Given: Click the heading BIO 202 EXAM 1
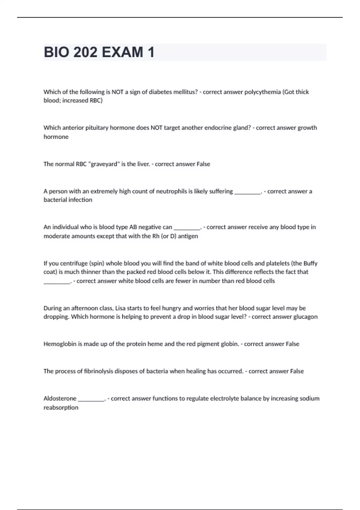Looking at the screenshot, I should [99, 52].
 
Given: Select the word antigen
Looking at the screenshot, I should [188, 236].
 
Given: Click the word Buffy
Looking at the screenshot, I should [310, 263].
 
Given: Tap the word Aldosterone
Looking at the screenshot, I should [60, 399].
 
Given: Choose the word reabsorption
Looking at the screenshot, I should [61, 408].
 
